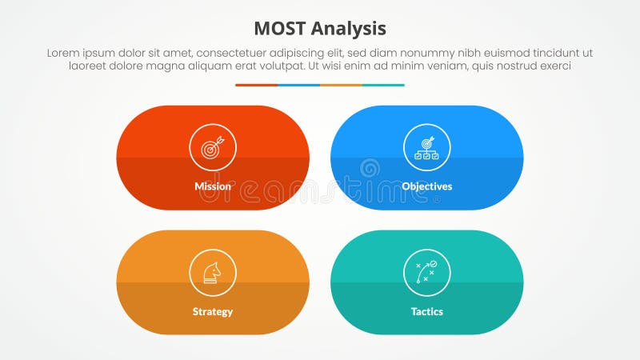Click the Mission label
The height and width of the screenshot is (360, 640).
click(x=213, y=186)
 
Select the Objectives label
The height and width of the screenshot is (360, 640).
click(x=427, y=186)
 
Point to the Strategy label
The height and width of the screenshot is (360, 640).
click(x=213, y=311)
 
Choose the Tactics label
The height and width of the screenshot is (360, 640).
click(x=427, y=311)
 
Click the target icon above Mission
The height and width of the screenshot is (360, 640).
click(x=213, y=147)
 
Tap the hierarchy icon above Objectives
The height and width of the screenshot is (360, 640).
click(x=427, y=147)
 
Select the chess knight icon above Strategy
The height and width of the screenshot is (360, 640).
click(x=213, y=272)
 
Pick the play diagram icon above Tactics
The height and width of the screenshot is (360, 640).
click(x=427, y=272)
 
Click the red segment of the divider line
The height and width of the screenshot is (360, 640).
click(x=256, y=85)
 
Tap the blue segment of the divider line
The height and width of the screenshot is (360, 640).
click(x=298, y=85)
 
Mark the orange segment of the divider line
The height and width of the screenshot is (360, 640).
click(x=341, y=85)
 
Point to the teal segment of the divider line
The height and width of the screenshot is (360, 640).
click(x=383, y=85)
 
